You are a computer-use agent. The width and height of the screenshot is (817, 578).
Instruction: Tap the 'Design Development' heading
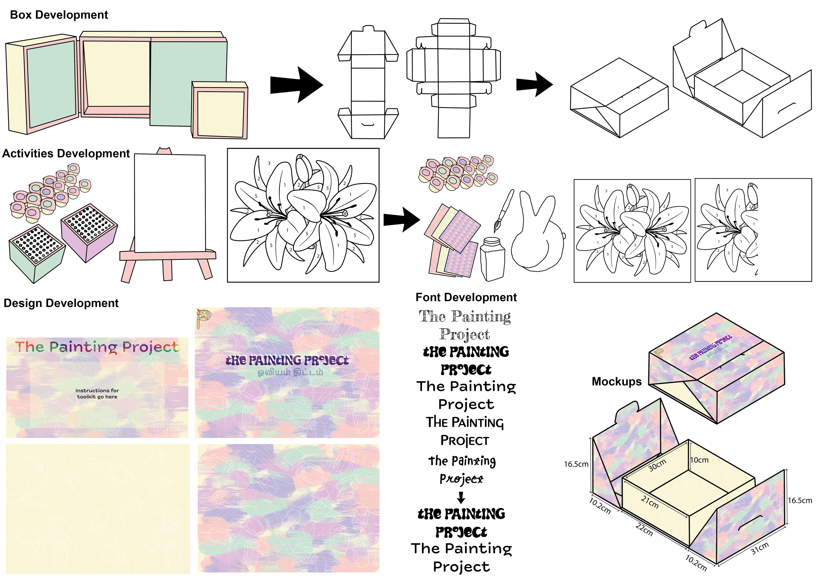tap(61, 303)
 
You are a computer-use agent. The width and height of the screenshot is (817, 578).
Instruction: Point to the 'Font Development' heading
tap(466, 297)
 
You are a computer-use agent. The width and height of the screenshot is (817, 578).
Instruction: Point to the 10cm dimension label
tap(700, 460)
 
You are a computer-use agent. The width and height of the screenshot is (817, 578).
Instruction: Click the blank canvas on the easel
tap(170, 203)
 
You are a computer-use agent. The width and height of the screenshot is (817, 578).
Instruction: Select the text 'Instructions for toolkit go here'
tap(97, 394)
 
